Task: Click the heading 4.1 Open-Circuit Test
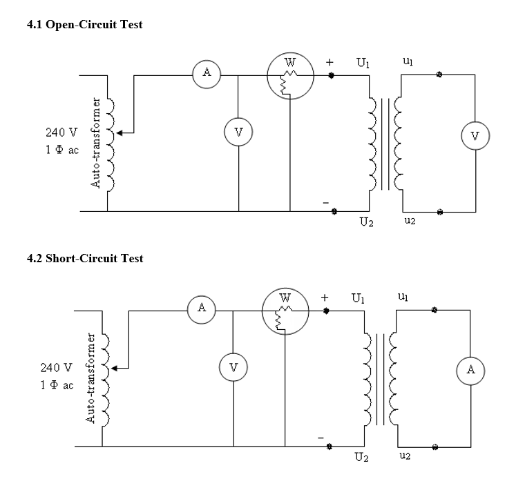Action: (x=84, y=24)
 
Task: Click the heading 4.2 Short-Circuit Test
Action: (x=85, y=258)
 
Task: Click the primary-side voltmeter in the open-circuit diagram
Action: (x=238, y=132)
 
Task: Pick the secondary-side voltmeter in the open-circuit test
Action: (x=475, y=135)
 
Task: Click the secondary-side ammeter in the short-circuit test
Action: (x=470, y=370)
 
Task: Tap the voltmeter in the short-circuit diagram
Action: (x=233, y=366)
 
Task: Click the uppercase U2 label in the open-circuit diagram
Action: (x=366, y=222)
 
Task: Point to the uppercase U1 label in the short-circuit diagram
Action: (x=359, y=298)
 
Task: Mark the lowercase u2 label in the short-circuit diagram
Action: (x=404, y=456)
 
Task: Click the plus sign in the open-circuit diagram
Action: (x=330, y=63)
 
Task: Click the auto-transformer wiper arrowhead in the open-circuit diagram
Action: (x=117, y=131)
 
